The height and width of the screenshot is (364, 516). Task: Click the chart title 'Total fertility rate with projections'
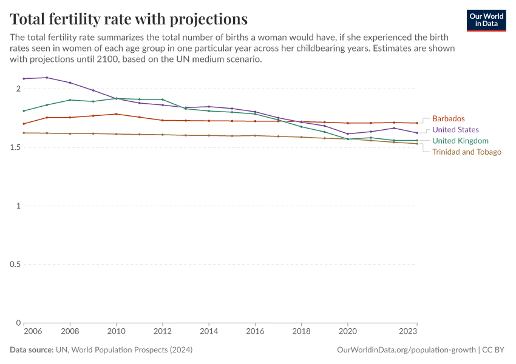(129, 19)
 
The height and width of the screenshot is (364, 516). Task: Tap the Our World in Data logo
(486, 20)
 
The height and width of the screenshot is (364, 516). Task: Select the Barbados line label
(448, 119)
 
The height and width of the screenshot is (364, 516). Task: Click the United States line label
(455, 130)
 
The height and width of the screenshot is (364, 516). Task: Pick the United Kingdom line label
(460, 141)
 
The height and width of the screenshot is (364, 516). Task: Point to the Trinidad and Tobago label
(466, 152)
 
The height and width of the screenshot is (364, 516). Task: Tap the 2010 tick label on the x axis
(117, 332)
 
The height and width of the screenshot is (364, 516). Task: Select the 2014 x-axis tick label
(209, 332)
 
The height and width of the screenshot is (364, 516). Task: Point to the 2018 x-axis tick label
(301, 332)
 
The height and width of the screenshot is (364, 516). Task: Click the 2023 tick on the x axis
(408, 332)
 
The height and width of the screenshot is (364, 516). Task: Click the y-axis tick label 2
(18, 89)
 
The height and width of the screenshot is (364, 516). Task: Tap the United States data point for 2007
(47, 78)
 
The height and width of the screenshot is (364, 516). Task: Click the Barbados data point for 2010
(117, 114)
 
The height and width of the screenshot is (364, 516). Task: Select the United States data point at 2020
(347, 134)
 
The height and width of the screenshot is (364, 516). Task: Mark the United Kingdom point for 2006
(24, 111)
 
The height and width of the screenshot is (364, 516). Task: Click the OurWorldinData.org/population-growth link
(406, 350)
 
